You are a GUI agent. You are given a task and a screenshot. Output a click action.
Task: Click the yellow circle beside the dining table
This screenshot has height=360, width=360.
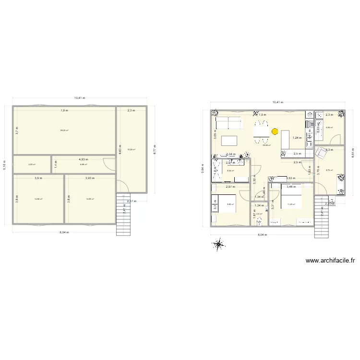(275, 131)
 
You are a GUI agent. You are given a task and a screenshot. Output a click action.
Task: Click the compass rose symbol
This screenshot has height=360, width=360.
(219, 244)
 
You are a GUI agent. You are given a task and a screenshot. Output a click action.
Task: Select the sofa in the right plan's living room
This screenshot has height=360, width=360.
(228, 124)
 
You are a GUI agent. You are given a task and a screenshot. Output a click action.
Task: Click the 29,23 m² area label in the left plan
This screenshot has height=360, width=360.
(64, 130)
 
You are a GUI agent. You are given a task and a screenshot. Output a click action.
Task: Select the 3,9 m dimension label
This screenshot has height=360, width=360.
(38, 179)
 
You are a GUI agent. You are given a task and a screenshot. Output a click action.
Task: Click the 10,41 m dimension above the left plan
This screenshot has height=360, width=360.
(79, 98)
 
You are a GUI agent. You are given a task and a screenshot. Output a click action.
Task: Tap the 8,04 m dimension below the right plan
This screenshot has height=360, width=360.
(262, 235)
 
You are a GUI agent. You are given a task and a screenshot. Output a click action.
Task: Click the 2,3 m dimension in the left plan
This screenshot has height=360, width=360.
(132, 110)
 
